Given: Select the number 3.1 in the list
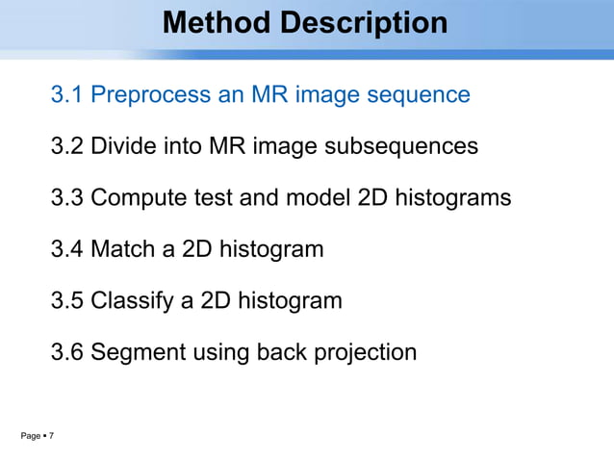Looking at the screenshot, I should tap(67, 95).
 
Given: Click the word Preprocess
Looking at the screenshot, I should tap(150, 95).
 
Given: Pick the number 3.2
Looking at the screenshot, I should tap(67, 146).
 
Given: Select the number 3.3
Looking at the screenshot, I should tap(67, 197).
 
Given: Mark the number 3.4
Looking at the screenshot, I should tap(67, 249).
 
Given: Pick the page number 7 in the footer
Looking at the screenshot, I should tap(51, 438).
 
